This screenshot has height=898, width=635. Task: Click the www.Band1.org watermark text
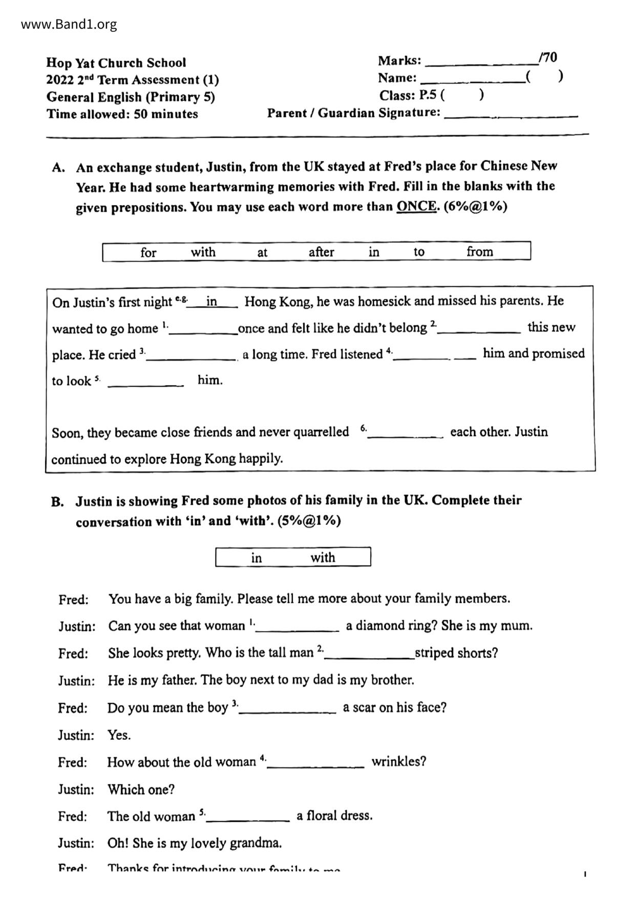coord(69,24)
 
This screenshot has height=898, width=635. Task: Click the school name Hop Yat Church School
coord(116,63)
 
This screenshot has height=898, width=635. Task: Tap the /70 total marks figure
coord(548,57)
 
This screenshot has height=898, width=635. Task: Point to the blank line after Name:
coord(471,80)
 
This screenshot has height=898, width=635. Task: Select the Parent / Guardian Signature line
coord(511,115)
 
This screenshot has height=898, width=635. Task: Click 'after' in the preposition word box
coord(321,252)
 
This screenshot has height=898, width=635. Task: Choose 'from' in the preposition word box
coord(479,251)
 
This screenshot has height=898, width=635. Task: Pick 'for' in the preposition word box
coord(148,252)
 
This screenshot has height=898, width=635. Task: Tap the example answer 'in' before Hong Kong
coord(211,302)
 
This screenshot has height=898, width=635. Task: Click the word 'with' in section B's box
coord(323,557)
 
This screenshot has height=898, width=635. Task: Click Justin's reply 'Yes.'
coord(119,735)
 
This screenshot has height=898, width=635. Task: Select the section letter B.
coord(57,501)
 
